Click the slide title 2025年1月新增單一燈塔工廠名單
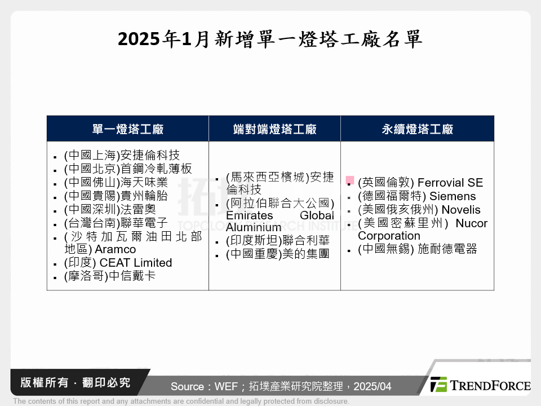pyautogui.click(x=270, y=40)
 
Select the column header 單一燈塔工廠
pyautogui.click(x=127, y=129)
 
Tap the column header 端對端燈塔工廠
pyautogui.click(x=274, y=129)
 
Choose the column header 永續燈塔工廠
pyautogui.click(x=417, y=129)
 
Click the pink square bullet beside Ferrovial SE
pyautogui.click(x=350, y=180)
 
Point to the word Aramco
pyautogui.click(x=116, y=249)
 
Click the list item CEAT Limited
pyautogui.click(x=134, y=263)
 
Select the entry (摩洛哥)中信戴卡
pyautogui.click(x=110, y=276)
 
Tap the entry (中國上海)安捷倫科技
pyautogui.click(x=122, y=155)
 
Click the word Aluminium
pyautogui.click(x=253, y=227)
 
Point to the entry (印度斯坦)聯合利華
pyautogui.click(x=277, y=241)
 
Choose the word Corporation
pyautogui.click(x=389, y=236)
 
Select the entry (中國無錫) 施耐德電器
pyautogui.click(x=418, y=249)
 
